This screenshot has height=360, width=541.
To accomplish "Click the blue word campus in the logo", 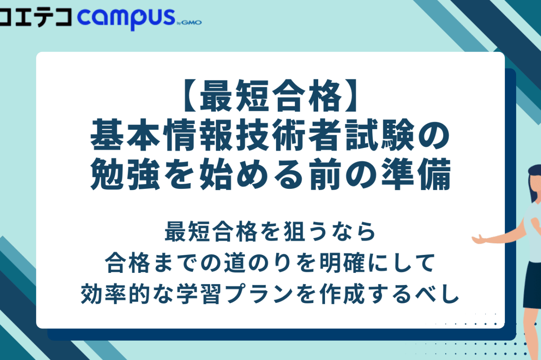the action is [126, 19].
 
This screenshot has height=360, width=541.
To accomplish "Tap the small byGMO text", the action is [189, 23].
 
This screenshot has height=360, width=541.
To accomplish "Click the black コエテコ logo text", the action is [36, 17].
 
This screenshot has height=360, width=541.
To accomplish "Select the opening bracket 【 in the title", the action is [190, 96].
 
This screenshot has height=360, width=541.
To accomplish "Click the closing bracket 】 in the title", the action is [351, 96].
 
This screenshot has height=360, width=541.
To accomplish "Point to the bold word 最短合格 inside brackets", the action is [270, 96].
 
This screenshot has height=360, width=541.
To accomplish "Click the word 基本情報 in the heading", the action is [161, 134].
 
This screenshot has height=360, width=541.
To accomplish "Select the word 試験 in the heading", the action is [379, 134].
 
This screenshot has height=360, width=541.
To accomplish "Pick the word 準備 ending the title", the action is [416, 174].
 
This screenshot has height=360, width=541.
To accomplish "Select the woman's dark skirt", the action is [533, 285].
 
